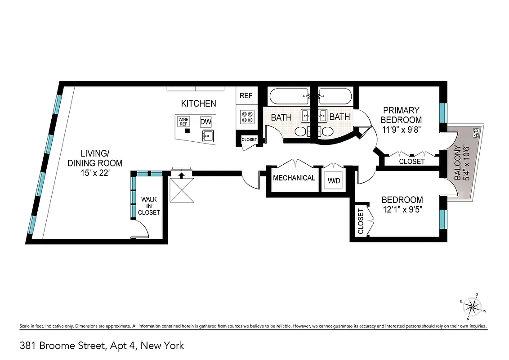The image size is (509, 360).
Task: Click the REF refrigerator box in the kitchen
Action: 246,96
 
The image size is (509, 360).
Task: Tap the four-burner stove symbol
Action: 246,117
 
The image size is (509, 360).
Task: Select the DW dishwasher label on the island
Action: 205,122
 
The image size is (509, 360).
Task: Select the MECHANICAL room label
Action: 294,178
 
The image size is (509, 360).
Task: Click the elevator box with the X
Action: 181,189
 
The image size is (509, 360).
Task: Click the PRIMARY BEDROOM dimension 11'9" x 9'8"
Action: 402,129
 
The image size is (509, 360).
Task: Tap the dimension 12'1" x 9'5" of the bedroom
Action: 402,209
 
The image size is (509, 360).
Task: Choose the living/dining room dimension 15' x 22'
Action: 95,172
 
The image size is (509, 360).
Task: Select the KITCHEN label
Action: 198,103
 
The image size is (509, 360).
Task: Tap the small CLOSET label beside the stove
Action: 249,139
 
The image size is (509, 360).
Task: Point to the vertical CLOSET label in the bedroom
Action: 361,221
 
